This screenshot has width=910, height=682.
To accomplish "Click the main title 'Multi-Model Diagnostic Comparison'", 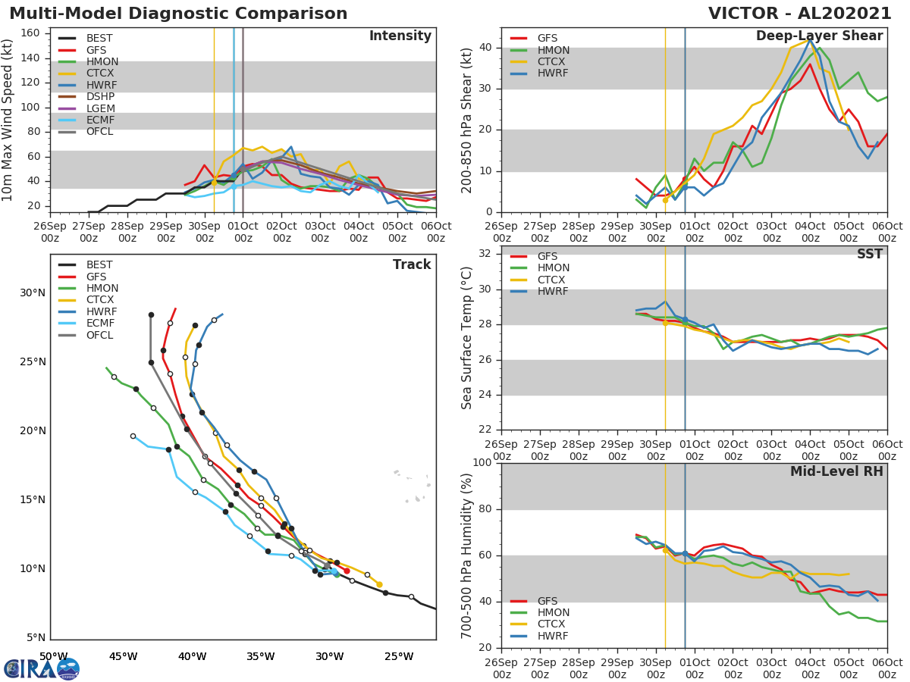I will click(178, 14).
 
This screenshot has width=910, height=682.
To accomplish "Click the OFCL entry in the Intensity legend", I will click(99, 132).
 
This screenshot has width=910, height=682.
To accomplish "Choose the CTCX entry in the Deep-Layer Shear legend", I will click(553, 61).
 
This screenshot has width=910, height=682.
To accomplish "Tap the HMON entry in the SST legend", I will click(553, 268).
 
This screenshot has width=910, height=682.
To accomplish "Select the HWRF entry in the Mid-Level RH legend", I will click(553, 636).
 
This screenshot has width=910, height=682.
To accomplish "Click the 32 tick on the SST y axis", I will click(485, 254).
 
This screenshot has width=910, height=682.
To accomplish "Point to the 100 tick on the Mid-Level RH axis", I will click(482, 463).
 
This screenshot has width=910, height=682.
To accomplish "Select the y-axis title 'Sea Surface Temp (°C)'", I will click(467, 338).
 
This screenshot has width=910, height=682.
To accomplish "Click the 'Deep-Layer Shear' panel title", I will click(819, 36).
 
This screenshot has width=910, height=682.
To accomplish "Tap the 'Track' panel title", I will click(412, 264).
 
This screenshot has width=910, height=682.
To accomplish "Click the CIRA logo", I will click(42, 668).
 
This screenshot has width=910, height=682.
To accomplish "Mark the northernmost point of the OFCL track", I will click(151, 314).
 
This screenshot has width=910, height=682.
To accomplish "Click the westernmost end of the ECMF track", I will click(133, 436).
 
